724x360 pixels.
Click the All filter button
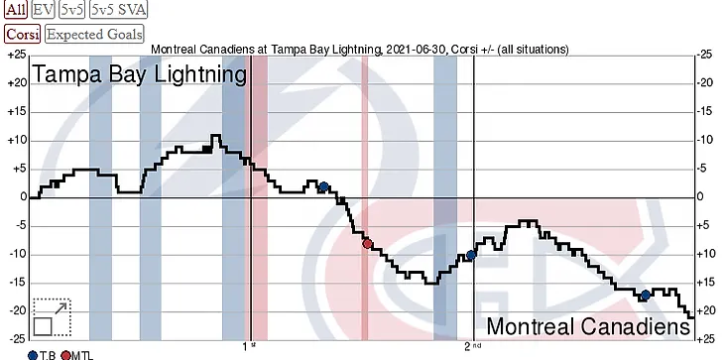point(16,10)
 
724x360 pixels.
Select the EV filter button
point(44,10)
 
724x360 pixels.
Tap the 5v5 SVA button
point(119,10)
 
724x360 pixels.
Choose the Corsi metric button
point(23,34)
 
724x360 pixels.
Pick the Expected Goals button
point(94,34)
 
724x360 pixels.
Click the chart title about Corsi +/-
point(360,49)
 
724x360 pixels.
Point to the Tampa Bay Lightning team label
point(139,74)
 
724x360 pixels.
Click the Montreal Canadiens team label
point(588,326)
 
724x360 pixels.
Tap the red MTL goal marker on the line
point(368,244)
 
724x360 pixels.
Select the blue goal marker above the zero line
point(323,186)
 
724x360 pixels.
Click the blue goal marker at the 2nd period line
point(471,255)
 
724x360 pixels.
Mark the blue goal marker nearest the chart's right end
point(646,296)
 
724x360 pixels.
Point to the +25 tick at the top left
point(18,56)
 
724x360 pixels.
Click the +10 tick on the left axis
point(18,141)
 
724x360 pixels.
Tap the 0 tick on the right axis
point(701,197)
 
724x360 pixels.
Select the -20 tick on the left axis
point(18,311)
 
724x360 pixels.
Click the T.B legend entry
point(42,355)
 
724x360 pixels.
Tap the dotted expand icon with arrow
point(52,317)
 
